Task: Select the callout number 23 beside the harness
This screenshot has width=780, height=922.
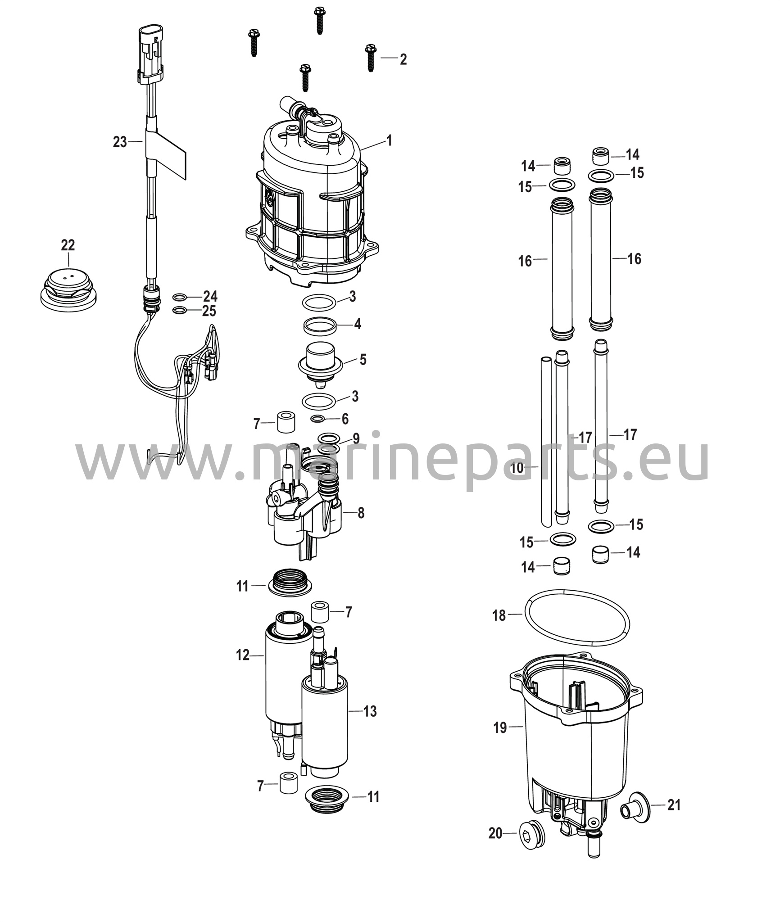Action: point(120,142)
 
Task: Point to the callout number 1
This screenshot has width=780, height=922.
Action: point(389,140)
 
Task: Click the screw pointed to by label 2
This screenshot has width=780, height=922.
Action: point(370,58)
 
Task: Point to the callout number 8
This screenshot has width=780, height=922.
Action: point(361,513)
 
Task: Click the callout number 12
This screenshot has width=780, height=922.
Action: point(243,655)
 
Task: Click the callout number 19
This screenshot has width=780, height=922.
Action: point(500,727)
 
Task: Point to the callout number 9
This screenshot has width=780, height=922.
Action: point(356,438)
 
